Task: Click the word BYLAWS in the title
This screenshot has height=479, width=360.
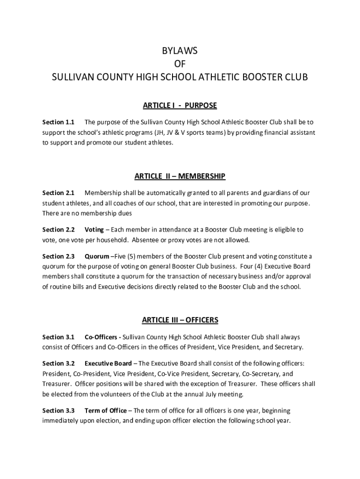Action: [180, 51]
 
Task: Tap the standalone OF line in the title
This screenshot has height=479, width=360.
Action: [180, 64]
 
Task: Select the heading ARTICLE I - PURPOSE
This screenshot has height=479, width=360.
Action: [180, 105]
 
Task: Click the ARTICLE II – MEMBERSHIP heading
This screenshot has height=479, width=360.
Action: [180, 176]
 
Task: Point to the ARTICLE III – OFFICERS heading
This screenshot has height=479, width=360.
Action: [180, 320]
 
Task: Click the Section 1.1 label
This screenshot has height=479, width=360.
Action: [58, 122]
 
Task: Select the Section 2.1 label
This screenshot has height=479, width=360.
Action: [58, 193]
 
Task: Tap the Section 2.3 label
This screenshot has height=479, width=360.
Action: [58, 256]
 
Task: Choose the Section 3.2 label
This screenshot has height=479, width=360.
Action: [58, 363]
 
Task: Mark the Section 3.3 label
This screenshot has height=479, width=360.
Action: [58, 411]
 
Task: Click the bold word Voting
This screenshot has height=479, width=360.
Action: [94, 230]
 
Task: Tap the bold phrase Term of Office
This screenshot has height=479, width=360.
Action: [105, 411]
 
